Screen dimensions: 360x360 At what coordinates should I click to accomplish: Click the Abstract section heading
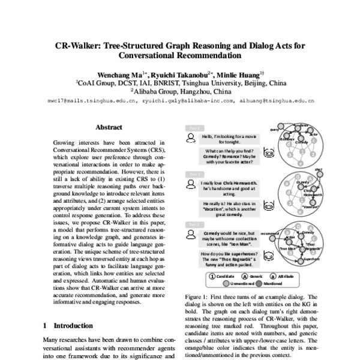[109, 127]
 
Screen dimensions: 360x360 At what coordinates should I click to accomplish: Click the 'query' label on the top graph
[275, 129]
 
